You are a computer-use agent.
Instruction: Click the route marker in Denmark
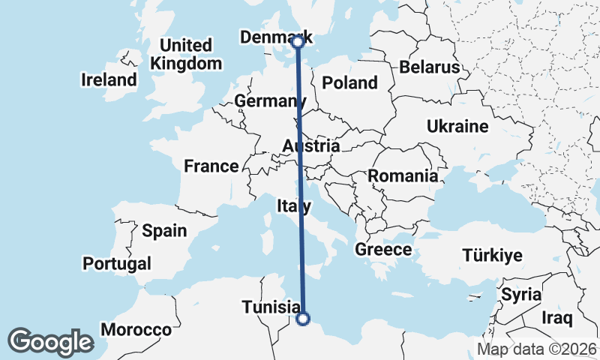pyautogui.click(x=298, y=42)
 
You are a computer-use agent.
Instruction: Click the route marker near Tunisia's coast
pyautogui.click(x=303, y=319)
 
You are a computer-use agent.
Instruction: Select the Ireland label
pyautogui.click(x=110, y=79)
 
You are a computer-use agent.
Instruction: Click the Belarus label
pyautogui.click(x=429, y=67)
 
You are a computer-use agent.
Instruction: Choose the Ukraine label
pyautogui.click(x=457, y=126)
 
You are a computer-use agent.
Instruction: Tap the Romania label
pyautogui.click(x=403, y=176)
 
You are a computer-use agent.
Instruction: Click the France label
pyautogui.click(x=211, y=166)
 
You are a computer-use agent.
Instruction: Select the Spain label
pyautogui.click(x=164, y=230)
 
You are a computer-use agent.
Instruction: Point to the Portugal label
pyautogui.click(x=117, y=263)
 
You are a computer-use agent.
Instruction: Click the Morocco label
pyautogui.click(x=136, y=329)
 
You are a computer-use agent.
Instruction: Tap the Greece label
pyautogui.click(x=383, y=250)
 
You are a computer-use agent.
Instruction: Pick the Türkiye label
pyautogui.click(x=492, y=255)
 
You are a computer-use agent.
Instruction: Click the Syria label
pyautogui.click(x=521, y=294)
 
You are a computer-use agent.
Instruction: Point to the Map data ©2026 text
pyautogui.click(x=536, y=349)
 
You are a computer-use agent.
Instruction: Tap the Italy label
pyautogui.click(x=294, y=205)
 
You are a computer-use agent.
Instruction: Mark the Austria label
pyautogui.click(x=311, y=145)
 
